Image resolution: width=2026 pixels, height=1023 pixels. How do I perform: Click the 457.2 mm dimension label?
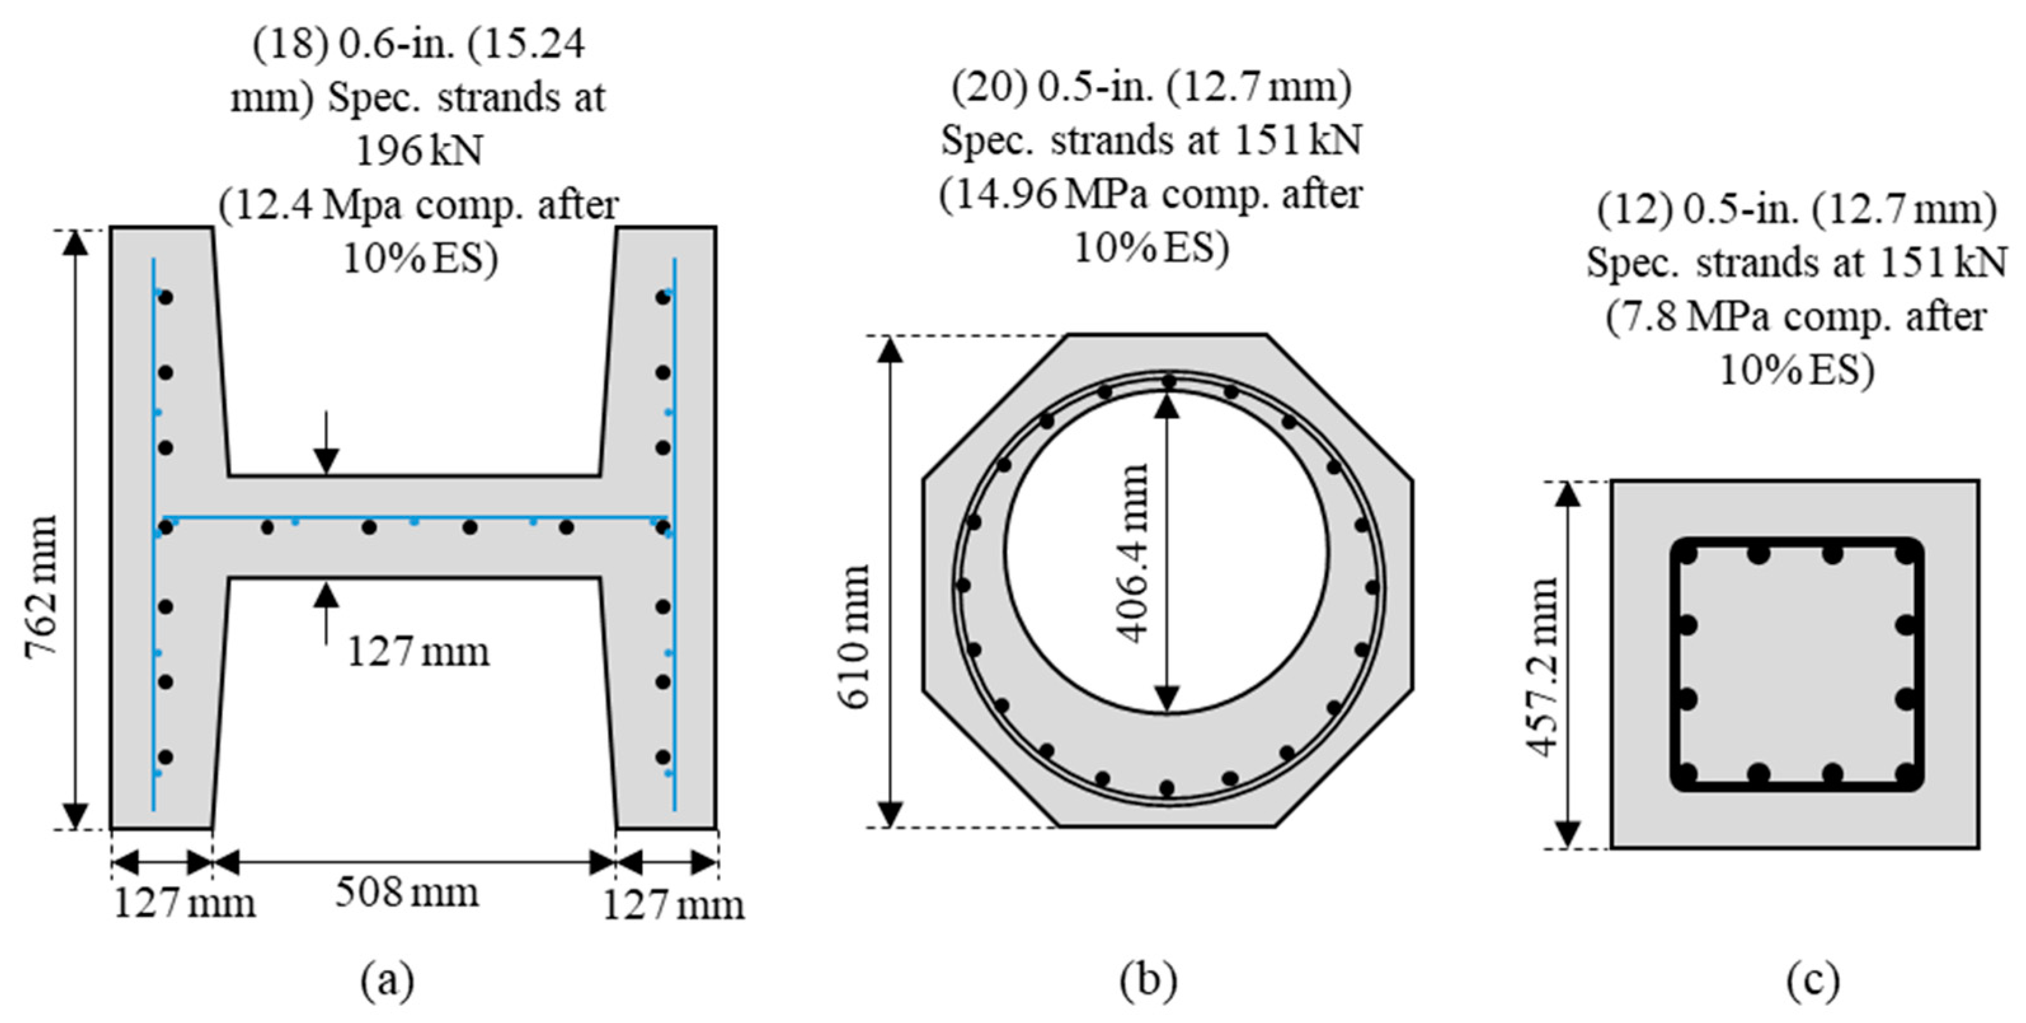pos(1541,667)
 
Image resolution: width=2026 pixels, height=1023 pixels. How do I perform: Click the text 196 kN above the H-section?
pos(419,151)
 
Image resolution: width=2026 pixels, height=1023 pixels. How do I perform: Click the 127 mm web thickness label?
pos(419,651)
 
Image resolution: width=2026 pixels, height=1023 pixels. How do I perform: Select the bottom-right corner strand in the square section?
pos(1906,775)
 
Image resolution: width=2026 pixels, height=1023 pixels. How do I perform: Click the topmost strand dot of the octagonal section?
pos(1169,383)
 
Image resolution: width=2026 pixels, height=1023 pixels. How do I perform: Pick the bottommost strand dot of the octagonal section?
pos(1167,788)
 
